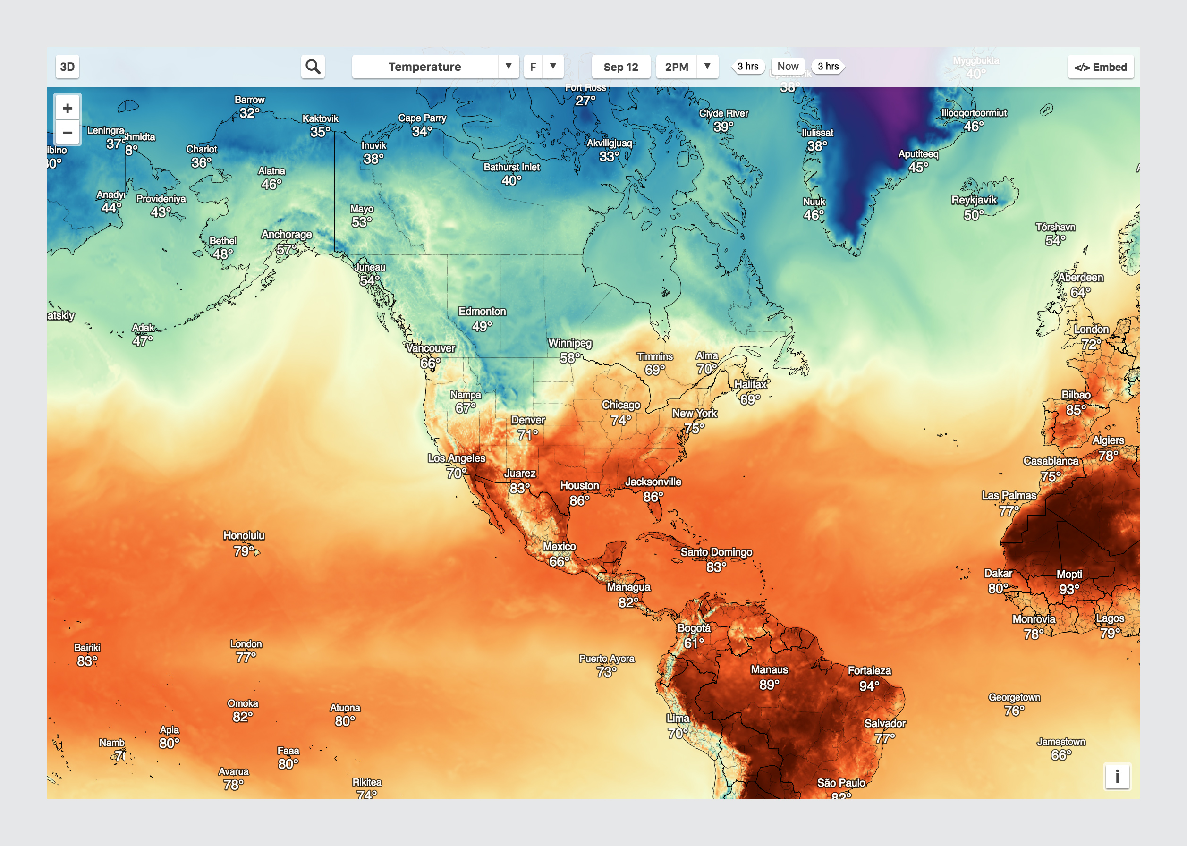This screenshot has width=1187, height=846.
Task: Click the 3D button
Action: [x=67, y=67]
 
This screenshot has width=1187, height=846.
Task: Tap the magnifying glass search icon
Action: [x=313, y=67]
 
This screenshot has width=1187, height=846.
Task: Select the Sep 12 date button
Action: [x=620, y=67]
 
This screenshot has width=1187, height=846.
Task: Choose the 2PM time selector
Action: [x=677, y=67]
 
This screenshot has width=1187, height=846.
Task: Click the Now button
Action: [x=787, y=66]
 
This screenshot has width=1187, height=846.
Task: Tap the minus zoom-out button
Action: [x=67, y=132]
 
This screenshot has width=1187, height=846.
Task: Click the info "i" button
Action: [x=1117, y=776]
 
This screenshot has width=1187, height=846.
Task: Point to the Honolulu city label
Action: [x=244, y=535]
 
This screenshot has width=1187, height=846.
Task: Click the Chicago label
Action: [x=621, y=405]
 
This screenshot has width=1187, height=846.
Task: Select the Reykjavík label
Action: [x=974, y=200]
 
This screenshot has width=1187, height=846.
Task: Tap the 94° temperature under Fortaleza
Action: [x=869, y=685]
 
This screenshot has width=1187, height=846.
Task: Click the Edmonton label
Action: [x=482, y=312]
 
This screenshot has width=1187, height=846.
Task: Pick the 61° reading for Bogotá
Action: [x=694, y=643]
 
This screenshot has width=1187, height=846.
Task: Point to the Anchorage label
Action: [x=287, y=235]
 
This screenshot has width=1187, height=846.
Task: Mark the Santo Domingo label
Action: [x=716, y=552]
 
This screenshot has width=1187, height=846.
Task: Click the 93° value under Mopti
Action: [x=1069, y=589]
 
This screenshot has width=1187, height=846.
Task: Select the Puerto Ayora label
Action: [x=607, y=659]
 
